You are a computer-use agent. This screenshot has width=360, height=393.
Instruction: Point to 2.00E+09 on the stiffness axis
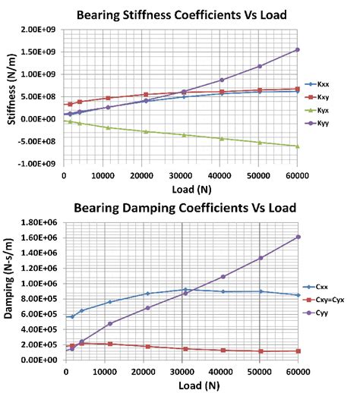point(42,30)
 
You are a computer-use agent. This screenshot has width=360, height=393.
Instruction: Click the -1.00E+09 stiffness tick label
point(40,164)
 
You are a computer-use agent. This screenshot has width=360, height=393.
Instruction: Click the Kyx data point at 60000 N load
point(297,146)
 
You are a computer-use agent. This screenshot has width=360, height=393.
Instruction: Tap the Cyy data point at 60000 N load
point(298,237)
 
